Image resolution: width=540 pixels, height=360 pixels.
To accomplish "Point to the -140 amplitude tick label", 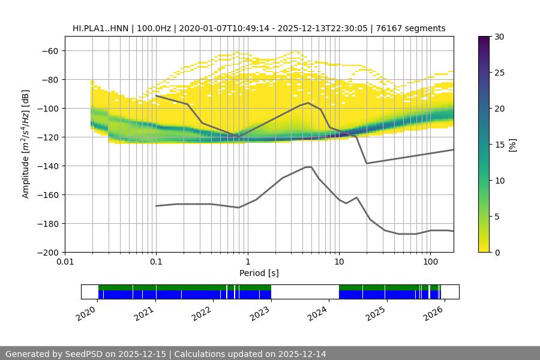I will (x=50, y=166).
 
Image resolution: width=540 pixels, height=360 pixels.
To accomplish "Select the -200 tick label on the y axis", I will (x=50, y=252).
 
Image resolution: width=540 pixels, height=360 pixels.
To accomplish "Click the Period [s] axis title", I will (x=259, y=273).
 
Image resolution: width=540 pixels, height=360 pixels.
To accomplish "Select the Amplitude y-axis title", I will (x=26, y=144).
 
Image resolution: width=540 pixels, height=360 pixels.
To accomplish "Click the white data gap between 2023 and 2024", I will (x=305, y=292).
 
